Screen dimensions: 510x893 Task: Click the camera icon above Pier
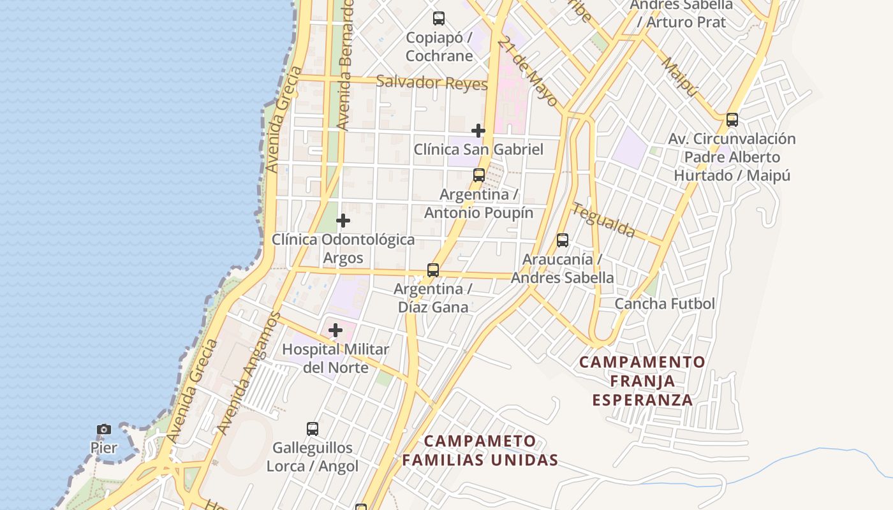[x=104, y=429]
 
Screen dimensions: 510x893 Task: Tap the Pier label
[x=104, y=448]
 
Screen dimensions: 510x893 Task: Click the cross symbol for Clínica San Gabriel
[x=478, y=131]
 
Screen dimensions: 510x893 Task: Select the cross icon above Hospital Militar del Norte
[x=336, y=330]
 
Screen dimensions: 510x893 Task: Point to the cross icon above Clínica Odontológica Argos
[x=343, y=221]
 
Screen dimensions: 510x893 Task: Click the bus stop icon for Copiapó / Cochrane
[x=439, y=18]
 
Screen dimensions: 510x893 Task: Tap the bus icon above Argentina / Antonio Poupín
[x=479, y=175]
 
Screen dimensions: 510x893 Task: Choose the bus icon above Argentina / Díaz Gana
[x=433, y=270]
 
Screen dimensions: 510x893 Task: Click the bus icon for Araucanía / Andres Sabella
[x=563, y=240]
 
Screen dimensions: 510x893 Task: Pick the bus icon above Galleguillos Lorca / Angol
[x=313, y=428]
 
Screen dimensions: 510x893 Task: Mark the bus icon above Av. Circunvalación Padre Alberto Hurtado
[x=732, y=119]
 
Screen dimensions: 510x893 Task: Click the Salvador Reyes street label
[x=432, y=83]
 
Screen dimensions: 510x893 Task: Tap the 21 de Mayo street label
[x=528, y=71]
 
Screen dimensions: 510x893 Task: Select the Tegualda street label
[x=603, y=219]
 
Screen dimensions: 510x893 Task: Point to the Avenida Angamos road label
[x=249, y=373]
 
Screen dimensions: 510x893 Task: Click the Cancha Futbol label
[x=665, y=304]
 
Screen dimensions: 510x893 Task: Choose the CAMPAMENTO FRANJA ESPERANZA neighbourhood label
[x=642, y=381]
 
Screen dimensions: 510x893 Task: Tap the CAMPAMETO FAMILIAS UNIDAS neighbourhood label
[x=480, y=450]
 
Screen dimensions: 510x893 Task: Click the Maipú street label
[x=680, y=77]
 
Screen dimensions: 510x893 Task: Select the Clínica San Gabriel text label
[x=478, y=150]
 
